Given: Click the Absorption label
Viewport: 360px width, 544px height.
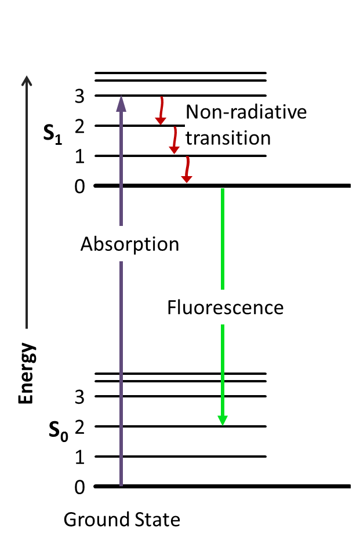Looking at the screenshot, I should click(x=130, y=244).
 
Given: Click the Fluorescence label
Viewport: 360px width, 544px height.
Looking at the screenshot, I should click(x=226, y=307).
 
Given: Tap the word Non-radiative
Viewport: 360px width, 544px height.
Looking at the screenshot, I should click(x=246, y=111).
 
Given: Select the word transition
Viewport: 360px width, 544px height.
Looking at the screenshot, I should click(x=229, y=138).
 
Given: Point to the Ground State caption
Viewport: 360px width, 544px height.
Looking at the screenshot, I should click(x=122, y=520).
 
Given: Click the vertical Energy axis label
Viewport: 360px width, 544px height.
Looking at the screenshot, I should click(x=26, y=374).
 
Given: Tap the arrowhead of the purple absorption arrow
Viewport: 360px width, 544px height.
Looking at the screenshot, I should click(x=121, y=102).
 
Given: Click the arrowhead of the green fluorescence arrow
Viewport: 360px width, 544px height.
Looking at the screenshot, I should click(x=222, y=419).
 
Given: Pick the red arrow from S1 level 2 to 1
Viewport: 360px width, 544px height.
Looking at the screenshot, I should click(x=174, y=140).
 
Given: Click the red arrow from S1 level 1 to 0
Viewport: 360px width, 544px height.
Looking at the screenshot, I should click(x=186, y=170).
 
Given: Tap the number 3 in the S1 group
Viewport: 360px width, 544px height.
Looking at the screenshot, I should click(x=80, y=96).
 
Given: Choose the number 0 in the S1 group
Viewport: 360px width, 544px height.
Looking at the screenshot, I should click(x=80, y=187).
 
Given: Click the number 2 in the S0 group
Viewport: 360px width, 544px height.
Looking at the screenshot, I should click(x=80, y=427).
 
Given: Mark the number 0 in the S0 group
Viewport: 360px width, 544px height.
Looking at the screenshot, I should click(x=80, y=487).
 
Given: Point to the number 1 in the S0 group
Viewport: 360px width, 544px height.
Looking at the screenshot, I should click(x=80, y=457).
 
